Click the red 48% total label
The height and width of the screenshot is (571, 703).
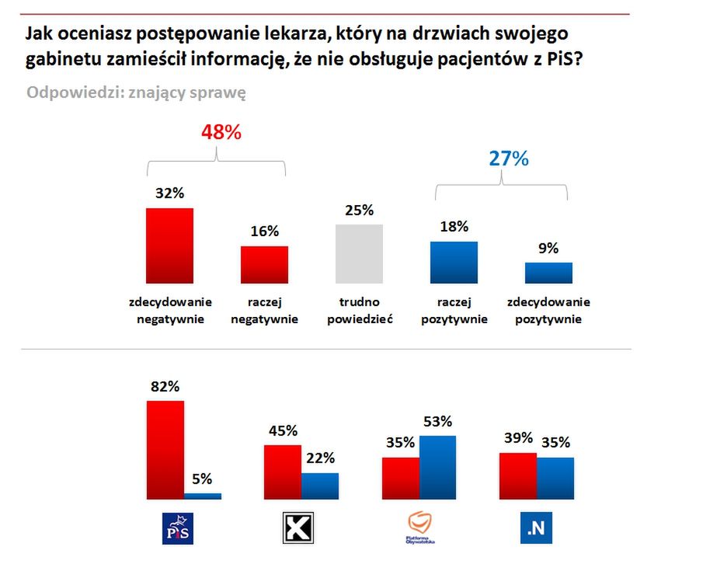[221, 132]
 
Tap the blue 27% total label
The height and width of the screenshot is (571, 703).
[509, 158]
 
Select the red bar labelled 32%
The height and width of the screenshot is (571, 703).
[170, 245]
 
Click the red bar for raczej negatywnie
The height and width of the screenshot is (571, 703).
[264, 265]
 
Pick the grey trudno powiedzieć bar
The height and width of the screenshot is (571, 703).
[359, 254]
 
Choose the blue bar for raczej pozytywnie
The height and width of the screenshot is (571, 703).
[454, 263]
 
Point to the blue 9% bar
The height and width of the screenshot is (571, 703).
[548, 273]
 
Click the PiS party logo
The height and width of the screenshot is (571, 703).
[176, 528]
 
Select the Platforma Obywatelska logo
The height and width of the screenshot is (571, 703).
[419, 528]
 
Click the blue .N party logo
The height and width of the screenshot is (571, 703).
[536, 528]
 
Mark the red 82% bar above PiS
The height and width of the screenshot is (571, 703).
[165, 449]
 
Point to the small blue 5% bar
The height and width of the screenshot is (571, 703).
[203, 496]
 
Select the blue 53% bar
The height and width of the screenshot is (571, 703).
[437, 467]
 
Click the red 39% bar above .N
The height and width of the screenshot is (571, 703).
[517, 475]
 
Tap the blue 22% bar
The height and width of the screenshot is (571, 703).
[320, 486]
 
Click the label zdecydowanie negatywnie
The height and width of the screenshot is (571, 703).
[170, 310]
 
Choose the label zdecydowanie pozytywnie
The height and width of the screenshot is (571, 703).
[548, 310]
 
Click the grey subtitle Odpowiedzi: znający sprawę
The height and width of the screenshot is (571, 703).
[137, 92]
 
